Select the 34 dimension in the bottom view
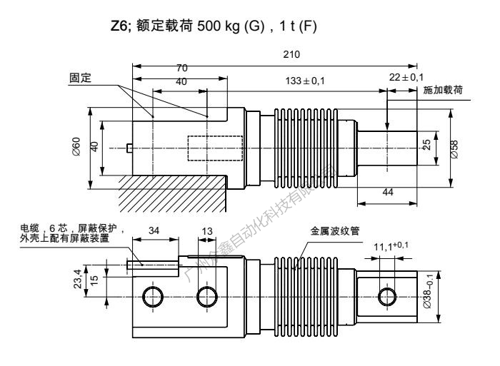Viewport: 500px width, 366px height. click(152, 230)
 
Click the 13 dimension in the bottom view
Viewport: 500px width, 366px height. click(207, 230)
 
